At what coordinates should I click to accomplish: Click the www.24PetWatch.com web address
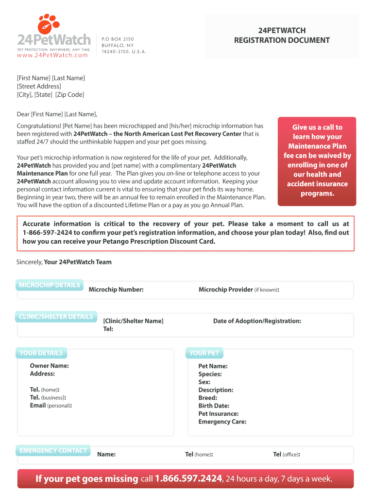[53, 55]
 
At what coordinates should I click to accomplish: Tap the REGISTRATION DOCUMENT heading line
[282, 40]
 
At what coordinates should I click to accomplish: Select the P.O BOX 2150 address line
[118, 39]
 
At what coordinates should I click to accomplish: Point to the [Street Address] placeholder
[39, 86]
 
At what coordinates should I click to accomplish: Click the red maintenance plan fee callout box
[317, 160]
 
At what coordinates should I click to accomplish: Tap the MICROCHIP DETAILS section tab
[49, 285]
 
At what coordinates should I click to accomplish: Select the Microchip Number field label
[116, 290]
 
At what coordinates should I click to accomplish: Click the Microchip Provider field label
[238, 290]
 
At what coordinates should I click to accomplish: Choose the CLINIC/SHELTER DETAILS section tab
[56, 317]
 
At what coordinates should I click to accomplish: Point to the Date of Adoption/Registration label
[257, 321]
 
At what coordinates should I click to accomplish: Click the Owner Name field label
[49, 366]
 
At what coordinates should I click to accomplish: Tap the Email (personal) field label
[51, 406]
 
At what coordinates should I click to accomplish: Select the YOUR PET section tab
[204, 353]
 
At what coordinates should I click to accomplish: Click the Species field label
[210, 374]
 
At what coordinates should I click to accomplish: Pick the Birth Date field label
[214, 406]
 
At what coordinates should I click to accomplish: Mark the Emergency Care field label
[222, 422]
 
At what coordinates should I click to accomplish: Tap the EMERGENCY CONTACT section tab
[53, 450]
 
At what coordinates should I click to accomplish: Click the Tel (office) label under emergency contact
[286, 455]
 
